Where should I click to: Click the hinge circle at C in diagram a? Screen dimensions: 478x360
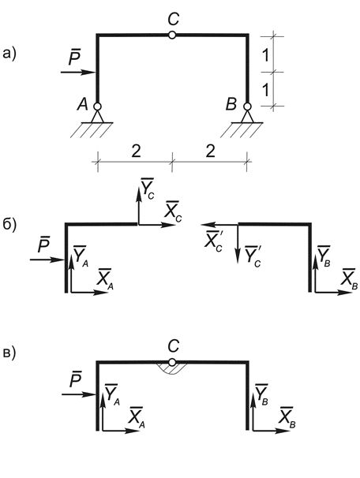point(172,35)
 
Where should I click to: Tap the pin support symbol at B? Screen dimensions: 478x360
point(247,119)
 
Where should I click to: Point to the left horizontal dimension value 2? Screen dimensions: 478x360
point(133,152)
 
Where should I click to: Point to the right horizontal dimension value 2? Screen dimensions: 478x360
point(210,152)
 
